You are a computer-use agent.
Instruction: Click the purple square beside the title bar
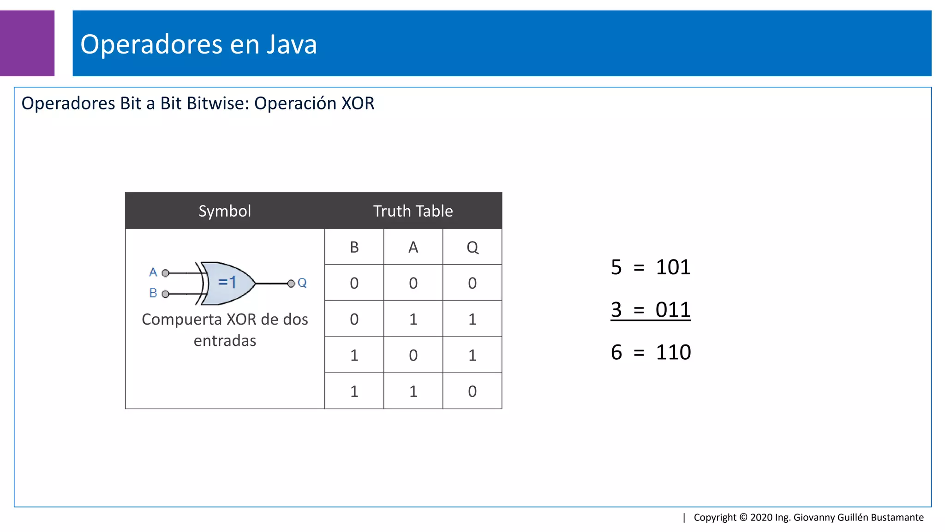pos(27,43)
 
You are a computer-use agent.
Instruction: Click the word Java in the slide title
pos(292,44)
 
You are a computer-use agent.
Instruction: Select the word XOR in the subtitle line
pos(358,103)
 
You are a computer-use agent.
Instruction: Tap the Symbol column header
pos(225,211)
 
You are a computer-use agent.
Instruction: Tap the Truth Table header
pos(413,211)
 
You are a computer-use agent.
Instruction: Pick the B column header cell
pos(354,247)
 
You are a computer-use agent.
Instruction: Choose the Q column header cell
pos(472,247)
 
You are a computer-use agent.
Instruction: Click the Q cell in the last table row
pos(472,391)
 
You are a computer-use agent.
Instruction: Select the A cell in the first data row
pos(413,283)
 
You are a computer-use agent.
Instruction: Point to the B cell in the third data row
pos(354,355)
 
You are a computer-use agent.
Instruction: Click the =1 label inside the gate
pos(227,282)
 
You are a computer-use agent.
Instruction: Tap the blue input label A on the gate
pos(153,272)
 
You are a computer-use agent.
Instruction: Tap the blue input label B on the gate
pos(153,293)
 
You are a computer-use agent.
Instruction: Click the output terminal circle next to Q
pos(291,284)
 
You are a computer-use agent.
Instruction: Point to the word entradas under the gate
pos(225,341)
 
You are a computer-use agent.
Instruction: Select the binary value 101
pos(673,267)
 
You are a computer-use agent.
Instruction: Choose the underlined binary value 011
pos(673,310)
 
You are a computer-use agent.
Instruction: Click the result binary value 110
pos(673,352)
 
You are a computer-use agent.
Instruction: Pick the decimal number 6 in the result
pos(616,352)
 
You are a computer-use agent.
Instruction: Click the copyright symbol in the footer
pos(743,517)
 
